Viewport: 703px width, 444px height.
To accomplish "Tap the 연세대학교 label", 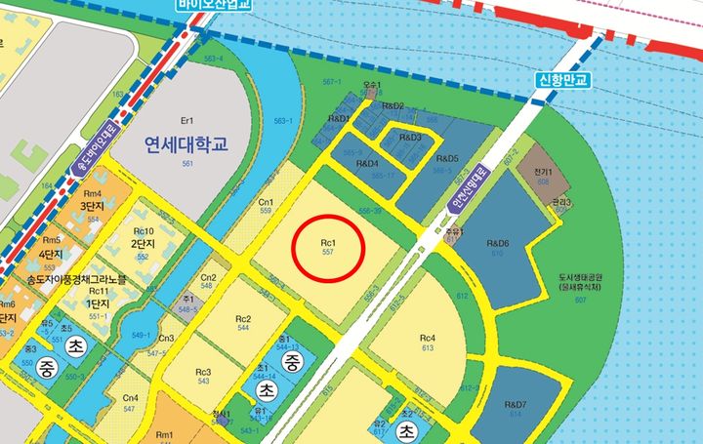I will coord(185,145).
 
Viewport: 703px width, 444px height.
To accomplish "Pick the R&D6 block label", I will coord(499,243).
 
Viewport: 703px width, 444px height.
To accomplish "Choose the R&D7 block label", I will coord(516,405).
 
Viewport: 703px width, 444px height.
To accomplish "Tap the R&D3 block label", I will coord(410,138).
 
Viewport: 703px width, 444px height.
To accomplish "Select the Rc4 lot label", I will coord(427,340).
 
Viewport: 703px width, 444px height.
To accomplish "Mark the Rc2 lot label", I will coord(243,320).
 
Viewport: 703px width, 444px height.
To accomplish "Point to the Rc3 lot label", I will coord(202,372).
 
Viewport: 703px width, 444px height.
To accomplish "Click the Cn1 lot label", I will coord(265,203).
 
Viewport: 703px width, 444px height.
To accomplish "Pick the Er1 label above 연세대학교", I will coord(188,120).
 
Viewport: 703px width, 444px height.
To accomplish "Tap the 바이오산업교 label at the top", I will coord(214,5).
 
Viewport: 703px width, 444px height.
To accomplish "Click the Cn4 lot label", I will coord(130,398).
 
